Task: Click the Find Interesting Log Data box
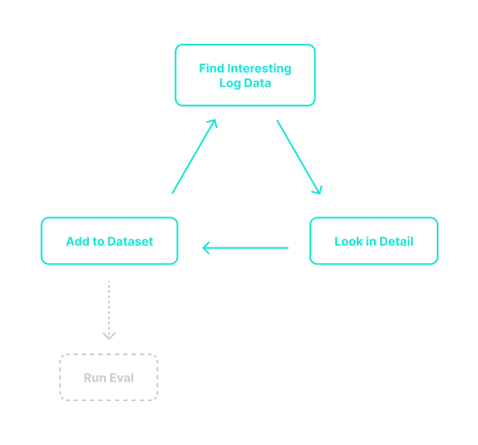[245, 76]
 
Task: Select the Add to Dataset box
[109, 241]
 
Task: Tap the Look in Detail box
[373, 241]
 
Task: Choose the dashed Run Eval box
[108, 377]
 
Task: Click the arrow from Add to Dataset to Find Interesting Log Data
[194, 156]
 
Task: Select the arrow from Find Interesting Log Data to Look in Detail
[298, 157]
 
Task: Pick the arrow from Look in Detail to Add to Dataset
[245, 248]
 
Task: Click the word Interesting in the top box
[260, 69]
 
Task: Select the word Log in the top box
[230, 83]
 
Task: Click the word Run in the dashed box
[94, 378]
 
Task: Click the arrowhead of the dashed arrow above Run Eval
[108, 334]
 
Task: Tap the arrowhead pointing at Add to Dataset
[206, 248]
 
